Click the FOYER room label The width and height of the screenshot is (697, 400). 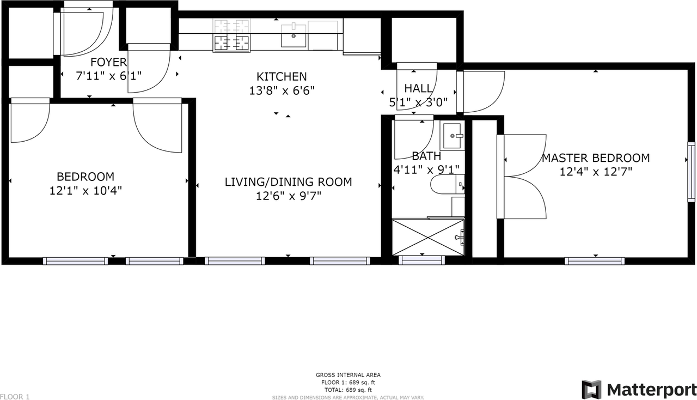point(108,62)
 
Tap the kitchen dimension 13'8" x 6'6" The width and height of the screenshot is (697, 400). point(282,90)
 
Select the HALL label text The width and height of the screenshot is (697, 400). point(418,88)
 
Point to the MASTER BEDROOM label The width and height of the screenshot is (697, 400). point(596,158)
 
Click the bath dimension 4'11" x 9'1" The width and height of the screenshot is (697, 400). point(426,170)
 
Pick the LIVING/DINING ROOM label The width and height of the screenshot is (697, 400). point(288,182)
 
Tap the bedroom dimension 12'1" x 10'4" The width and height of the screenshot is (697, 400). point(85,190)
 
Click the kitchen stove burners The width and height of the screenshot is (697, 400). point(231,35)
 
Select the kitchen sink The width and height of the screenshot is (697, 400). point(294,36)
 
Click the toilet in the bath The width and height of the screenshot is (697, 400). point(448,184)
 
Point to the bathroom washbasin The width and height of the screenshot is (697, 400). point(452,136)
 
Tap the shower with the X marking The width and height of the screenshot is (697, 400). point(428,238)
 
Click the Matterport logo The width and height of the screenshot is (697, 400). point(639,390)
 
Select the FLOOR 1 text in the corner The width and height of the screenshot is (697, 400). point(15,397)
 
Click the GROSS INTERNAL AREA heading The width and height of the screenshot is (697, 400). point(348,375)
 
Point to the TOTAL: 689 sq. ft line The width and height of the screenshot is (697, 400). point(348,390)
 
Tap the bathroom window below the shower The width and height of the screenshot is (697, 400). point(421,260)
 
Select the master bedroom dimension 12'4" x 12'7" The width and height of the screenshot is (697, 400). point(596,172)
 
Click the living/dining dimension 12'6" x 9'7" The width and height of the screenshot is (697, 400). point(289,196)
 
